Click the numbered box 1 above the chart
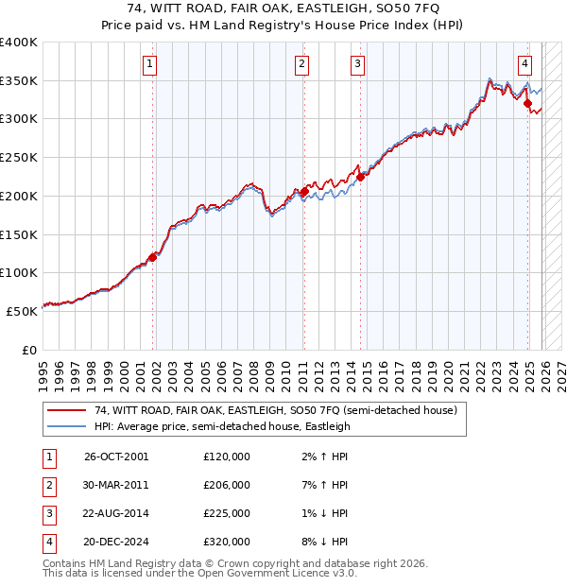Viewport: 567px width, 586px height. [x=151, y=64]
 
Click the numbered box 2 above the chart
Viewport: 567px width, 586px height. [x=301, y=64]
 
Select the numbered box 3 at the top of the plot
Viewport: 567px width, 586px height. [x=358, y=64]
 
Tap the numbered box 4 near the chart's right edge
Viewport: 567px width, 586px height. [x=524, y=64]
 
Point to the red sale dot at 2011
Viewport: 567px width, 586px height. [x=303, y=192]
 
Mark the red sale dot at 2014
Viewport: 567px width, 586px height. [x=360, y=176]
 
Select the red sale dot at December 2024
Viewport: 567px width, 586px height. [x=528, y=103]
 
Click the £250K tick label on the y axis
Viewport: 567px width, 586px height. [x=18, y=157]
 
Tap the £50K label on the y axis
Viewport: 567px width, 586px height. [x=21, y=310]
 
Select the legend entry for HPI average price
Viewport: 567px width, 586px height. [x=222, y=427]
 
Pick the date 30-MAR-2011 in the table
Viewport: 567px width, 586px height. [x=116, y=485]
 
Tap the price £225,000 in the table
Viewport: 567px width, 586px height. [x=226, y=513]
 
